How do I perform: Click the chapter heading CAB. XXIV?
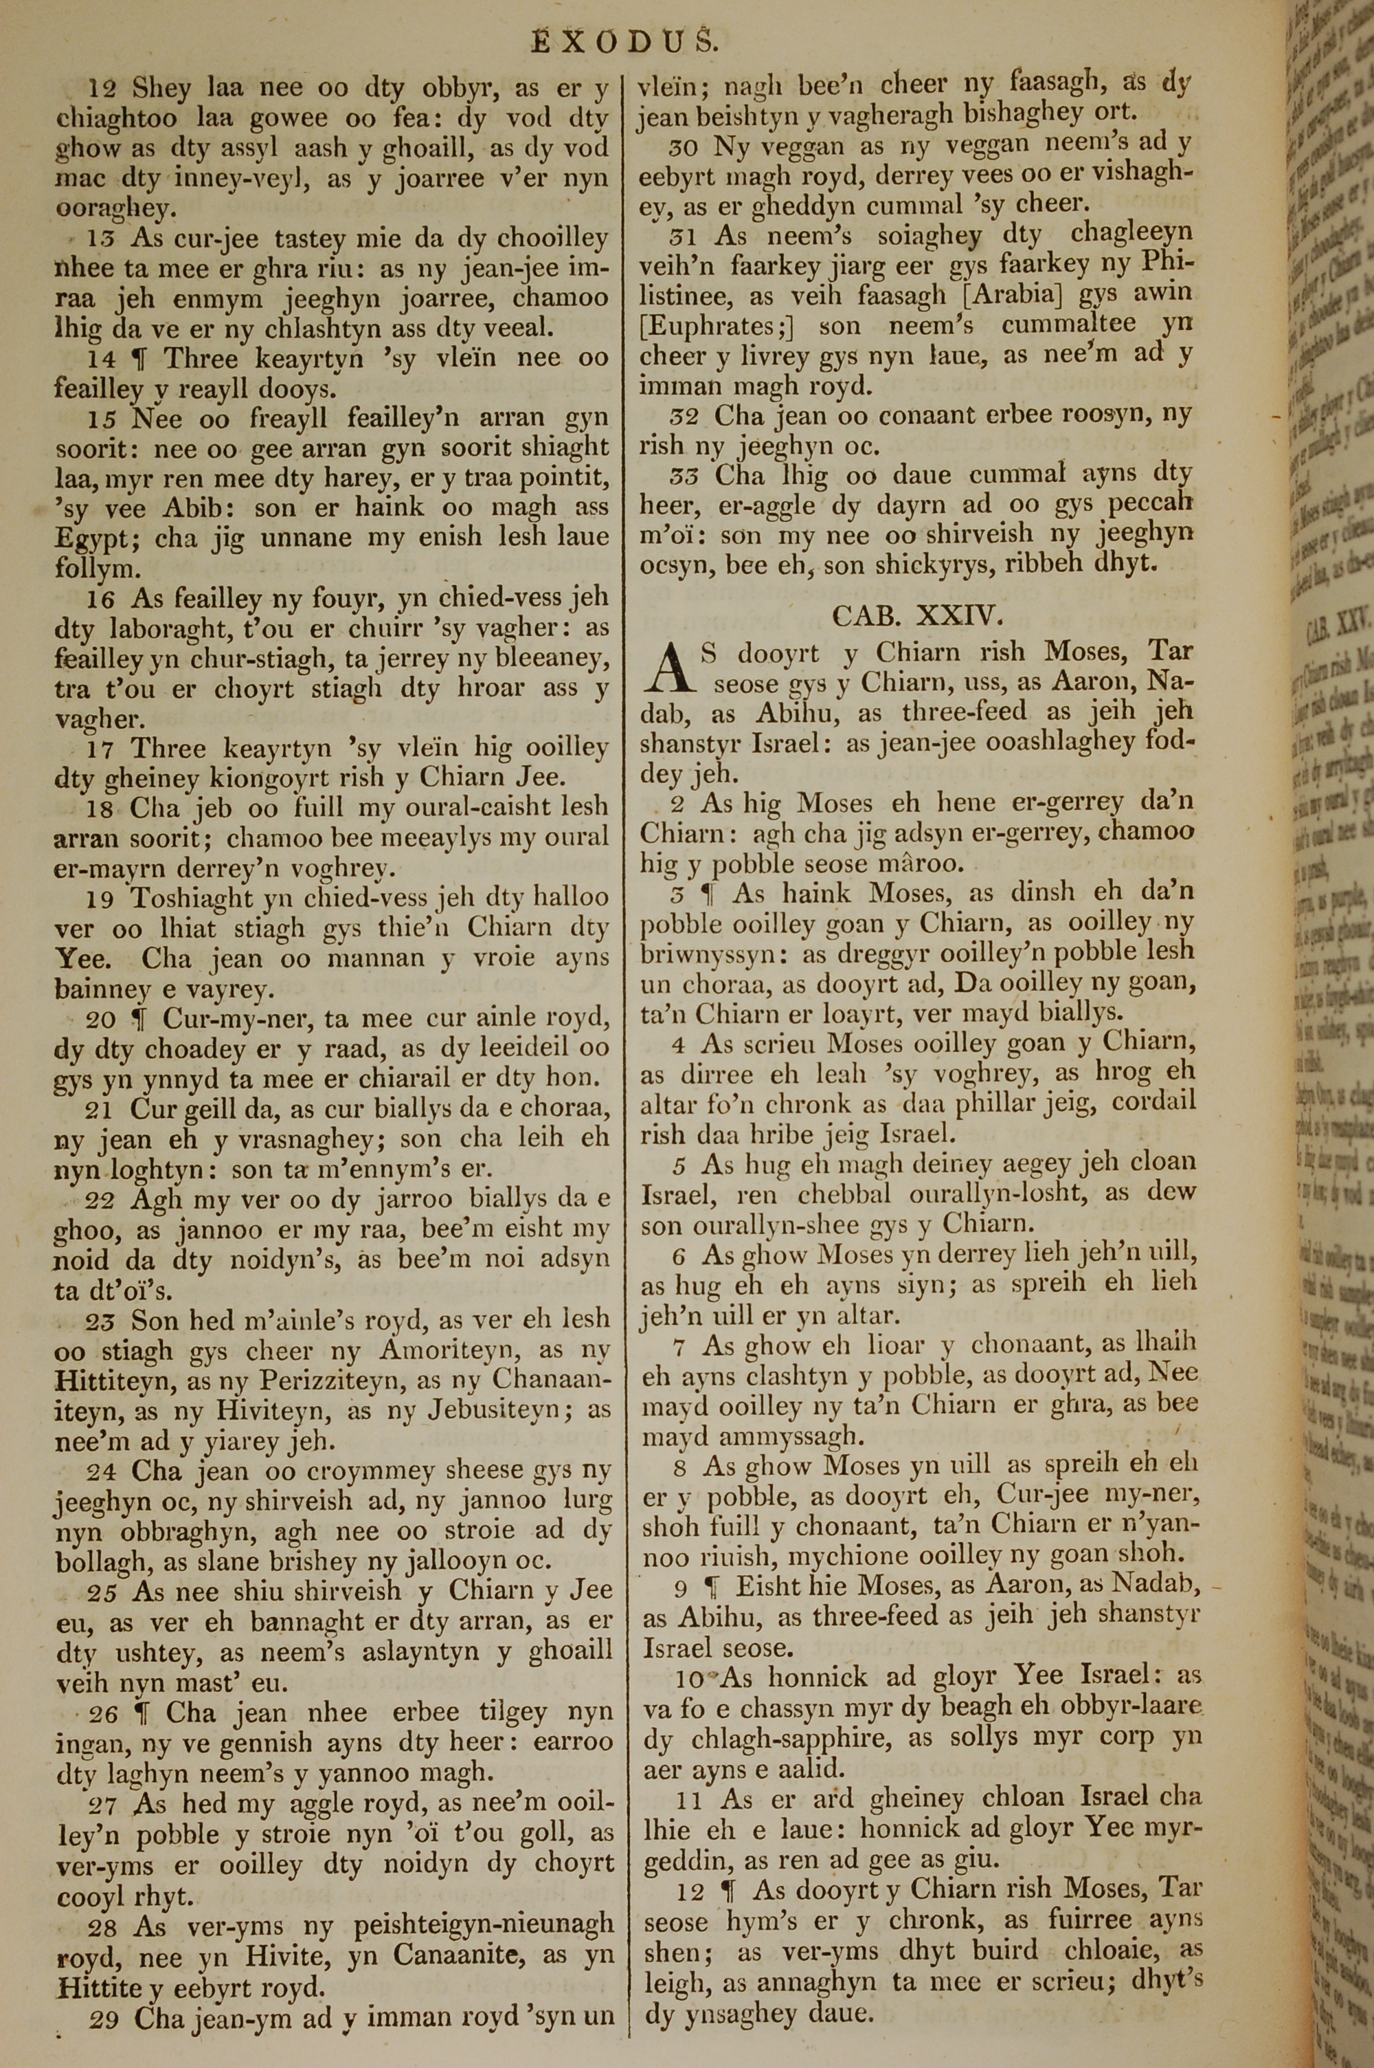coord(915,615)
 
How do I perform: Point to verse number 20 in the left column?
coord(102,1017)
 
